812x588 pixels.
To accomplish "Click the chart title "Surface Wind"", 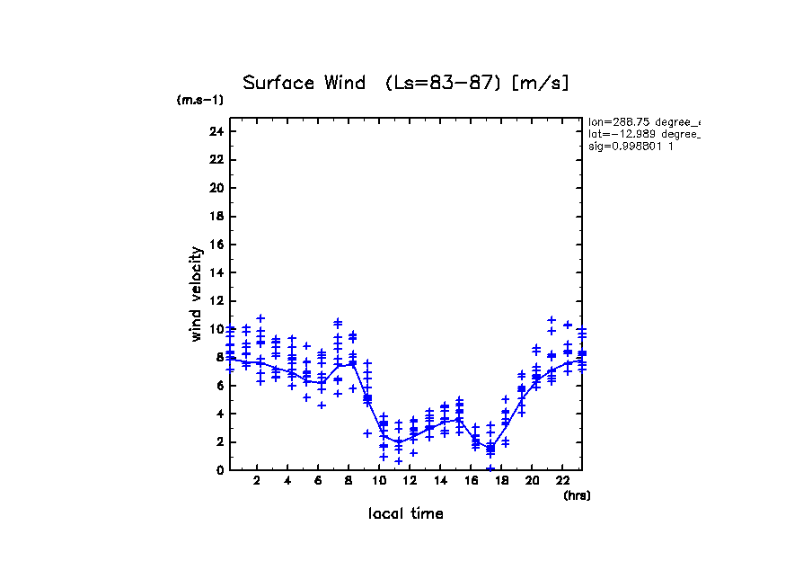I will pyautogui.click(x=304, y=84).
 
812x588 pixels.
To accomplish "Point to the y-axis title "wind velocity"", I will pyautogui.click(x=197, y=294).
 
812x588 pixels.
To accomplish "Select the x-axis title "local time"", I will pyautogui.click(x=405, y=513).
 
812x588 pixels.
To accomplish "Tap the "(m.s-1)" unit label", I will pyautogui.click(x=199, y=100).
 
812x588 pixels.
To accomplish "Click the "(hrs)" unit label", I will pyautogui.click(x=576, y=495).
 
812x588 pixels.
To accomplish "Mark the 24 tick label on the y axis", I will pyautogui.click(x=216, y=131).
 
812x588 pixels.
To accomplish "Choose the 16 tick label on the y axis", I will pyautogui.click(x=216, y=245).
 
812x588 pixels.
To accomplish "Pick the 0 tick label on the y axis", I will pyautogui.click(x=219, y=469).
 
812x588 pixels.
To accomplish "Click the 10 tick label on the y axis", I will pyautogui.click(x=216, y=329).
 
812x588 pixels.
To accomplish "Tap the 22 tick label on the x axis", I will pyautogui.click(x=562, y=481).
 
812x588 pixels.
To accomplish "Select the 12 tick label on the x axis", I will pyautogui.click(x=410, y=481).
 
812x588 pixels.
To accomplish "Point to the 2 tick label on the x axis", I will pyautogui.click(x=258, y=481).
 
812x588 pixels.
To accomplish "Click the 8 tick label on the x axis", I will pyautogui.click(x=349, y=481).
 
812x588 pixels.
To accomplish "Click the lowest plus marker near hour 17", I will pyautogui.click(x=490, y=468).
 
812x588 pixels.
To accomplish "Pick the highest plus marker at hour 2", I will pyautogui.click(x=260, y=318).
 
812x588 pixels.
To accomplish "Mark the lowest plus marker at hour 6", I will pyautogui.click(x=322, y=405).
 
